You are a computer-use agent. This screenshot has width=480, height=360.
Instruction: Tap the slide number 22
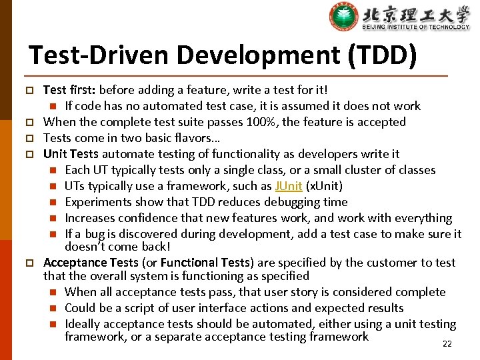click(447, 344)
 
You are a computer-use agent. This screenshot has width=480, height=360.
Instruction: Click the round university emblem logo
click(344, 17)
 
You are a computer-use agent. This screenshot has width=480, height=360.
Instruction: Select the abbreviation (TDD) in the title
click(383, 55)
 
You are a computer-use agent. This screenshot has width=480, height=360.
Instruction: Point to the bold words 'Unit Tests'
click(71, 154)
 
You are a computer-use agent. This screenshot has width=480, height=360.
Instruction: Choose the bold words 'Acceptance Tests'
click(91, 263)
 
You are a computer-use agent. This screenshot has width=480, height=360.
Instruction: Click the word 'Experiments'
click(97, 202)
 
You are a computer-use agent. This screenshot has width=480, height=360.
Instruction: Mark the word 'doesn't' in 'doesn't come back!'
click(86, 246)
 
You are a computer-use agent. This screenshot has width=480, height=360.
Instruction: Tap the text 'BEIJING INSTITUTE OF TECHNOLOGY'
click(416, 27)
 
